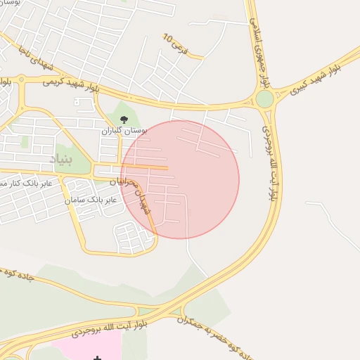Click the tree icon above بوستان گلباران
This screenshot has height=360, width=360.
point(124,120)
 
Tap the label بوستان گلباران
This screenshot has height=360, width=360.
point(124,131)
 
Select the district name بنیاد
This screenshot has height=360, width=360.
point(60,160)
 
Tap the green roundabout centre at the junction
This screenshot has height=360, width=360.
point(264,99)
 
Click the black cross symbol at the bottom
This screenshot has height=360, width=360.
point(97,358)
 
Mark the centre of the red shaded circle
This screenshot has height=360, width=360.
point(180,179)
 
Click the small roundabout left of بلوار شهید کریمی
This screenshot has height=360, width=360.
point(21,79)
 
